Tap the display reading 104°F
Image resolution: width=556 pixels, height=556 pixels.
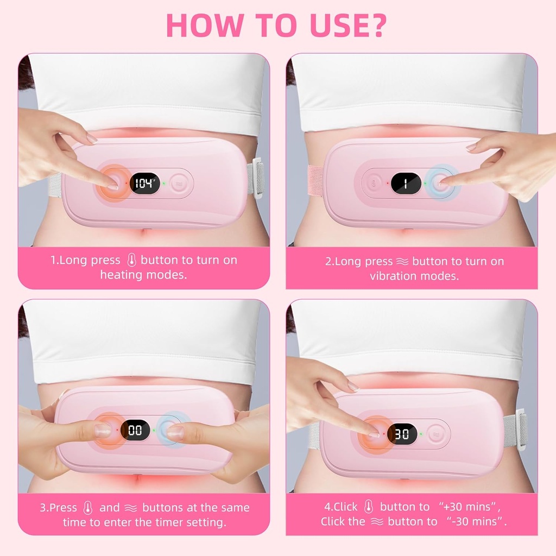coord(143,183)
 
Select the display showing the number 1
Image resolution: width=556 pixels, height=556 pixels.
coord(406,183)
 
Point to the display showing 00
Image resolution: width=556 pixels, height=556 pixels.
coord(135,431)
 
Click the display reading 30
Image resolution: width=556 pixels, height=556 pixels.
coord(402,433)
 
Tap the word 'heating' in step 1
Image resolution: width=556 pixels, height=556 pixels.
coord(121,275)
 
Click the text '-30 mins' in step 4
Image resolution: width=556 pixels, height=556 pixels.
coord(471,521)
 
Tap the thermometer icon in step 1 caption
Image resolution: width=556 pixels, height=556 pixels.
coord(130,260)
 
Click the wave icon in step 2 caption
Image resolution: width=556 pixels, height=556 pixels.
coord(402,261)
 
